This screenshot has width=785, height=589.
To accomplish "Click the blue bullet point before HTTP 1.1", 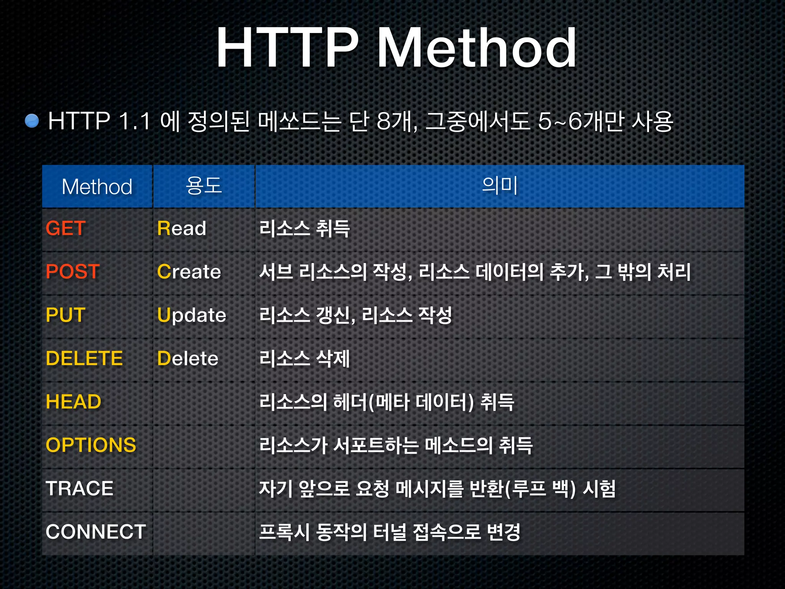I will (x=32, y=121).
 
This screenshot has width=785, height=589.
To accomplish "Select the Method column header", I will (x=97, y=187).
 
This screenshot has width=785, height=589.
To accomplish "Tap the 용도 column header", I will (x=204, y=186).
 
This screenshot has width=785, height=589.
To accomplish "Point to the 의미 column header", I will (x=499, y=186).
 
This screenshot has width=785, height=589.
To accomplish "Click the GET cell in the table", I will (x=66, y=229).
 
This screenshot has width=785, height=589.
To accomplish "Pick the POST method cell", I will (x=73, y=272).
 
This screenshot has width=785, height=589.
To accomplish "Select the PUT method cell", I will (x=66, y=315).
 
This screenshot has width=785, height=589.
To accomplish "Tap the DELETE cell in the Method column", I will (x=84, y=359).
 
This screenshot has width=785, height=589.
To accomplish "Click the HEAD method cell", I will (x=74, y=402).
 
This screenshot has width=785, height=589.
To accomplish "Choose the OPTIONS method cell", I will (x=91, y=445).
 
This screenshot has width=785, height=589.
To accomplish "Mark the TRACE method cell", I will (x=80, y=489).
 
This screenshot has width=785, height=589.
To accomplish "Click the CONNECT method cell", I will (x=96, y=532).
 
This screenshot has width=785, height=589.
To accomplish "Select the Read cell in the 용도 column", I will (x=182, y=229).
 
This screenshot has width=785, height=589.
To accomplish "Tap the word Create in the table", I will (x=189, y=272).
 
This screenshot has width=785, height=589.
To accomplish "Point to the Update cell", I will (x=192, y=315).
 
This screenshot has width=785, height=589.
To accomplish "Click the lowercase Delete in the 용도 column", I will (x=188, y=359).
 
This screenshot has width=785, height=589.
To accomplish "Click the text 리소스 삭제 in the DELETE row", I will (x=305, y=359).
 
